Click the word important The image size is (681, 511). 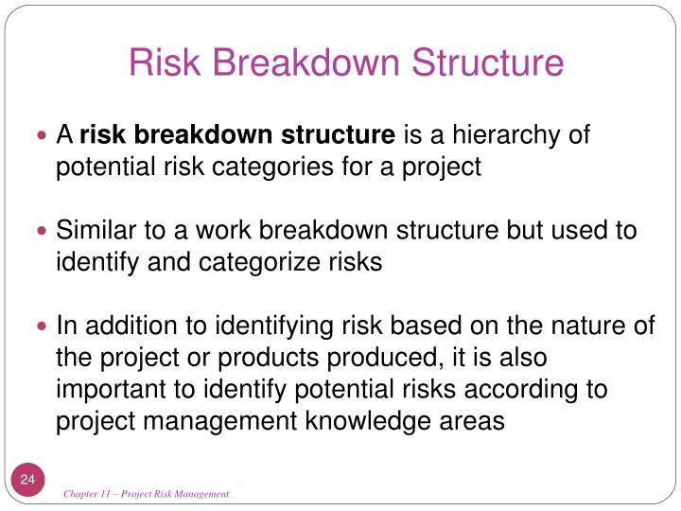click(103, 390)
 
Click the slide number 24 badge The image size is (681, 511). click(27, 481)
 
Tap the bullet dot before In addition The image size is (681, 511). click(42, 327)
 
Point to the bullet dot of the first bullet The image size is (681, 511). click(42, 136)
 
